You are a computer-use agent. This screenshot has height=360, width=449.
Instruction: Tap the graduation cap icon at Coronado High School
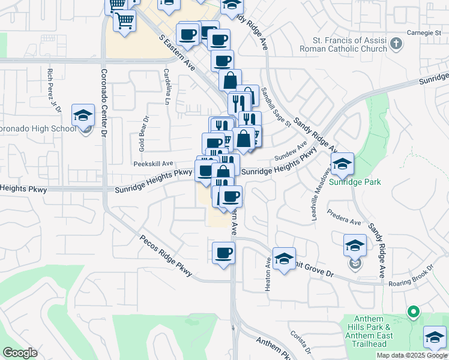coord(83,115)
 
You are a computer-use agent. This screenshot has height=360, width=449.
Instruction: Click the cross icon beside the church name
coord(396,43)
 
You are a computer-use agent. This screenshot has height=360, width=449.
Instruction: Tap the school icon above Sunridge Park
coord(342,164)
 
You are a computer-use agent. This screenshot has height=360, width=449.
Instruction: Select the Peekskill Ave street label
coord(153,163)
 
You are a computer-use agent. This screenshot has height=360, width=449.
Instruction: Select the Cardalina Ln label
coord(167,86)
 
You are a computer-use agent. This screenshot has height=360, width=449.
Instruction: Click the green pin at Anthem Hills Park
coord(412,311)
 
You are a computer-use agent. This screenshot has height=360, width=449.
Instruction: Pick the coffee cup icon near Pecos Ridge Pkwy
coord(223,252)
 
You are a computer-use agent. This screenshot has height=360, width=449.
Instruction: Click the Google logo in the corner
coord(20,353)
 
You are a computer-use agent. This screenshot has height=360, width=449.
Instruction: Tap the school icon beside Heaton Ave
coord(284,259)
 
